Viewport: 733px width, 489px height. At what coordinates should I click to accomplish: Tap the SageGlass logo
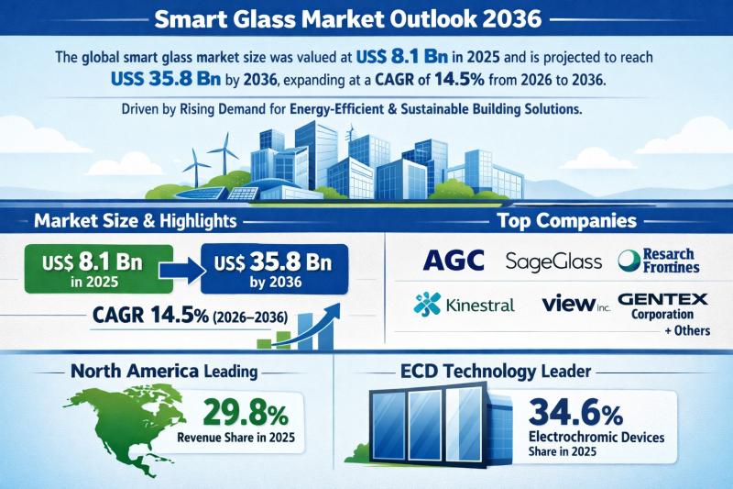tap(553, 261)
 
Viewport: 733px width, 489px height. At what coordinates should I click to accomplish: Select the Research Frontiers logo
tap(659, 261)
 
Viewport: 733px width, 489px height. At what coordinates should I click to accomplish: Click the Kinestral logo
tap(465, 304)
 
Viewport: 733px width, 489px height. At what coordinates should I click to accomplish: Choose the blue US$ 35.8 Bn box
tap(271, 265)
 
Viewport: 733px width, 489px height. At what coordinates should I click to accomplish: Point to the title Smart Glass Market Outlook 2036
tap(366, 19)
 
